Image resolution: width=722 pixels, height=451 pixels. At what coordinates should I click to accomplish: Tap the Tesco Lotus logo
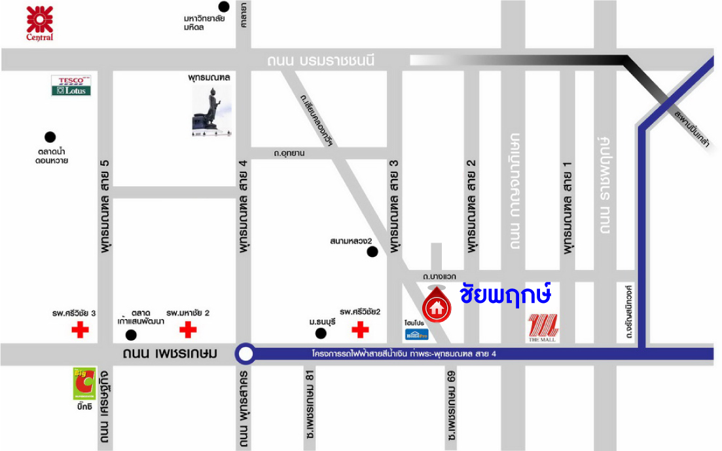pyautogui.click(x=71, y=86)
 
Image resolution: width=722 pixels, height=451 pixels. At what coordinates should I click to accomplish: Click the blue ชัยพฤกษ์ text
pyautogui.click(x=505, y=293)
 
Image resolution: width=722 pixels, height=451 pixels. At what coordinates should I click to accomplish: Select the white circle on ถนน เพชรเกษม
pyautogui.click(x=245, y=355)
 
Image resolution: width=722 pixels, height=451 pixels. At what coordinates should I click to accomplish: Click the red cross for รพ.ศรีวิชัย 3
pyautogui.click(x=80, y=330)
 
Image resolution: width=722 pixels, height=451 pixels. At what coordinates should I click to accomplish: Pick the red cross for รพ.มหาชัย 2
pyautogui.click(x=188, y=330)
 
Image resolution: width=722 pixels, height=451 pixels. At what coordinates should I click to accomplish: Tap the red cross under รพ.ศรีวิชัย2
pyautogui.click(x=359, y=330)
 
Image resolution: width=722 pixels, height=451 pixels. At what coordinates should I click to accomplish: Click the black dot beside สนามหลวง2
pyautogui.click(x=372, y=252)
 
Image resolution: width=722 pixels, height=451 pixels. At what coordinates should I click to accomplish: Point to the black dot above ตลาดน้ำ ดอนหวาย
pyautogui.click(x=50, y=137)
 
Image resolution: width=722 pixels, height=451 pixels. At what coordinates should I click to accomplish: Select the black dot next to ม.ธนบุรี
pyautogui.click(x=321, y=334)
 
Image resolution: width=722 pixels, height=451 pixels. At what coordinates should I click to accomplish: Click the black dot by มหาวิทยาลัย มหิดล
pyautogui.click(x=224, y=7)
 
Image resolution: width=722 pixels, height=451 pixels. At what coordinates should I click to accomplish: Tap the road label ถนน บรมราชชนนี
pyautogui.click(x=321, y=61)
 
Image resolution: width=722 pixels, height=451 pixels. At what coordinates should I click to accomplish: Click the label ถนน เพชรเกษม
pyautogui.click(x=170, y=354)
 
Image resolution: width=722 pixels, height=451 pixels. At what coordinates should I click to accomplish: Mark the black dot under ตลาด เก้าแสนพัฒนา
pyautogui.click(x=131, y=335)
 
